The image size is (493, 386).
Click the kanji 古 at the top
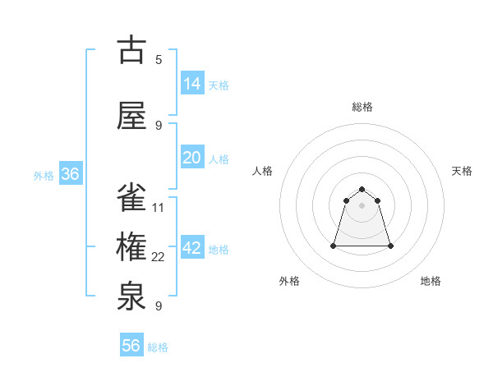pos(131,50)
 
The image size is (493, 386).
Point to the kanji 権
pos(131,247)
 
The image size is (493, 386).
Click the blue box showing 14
pos(192,83)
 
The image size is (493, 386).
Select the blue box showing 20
pos(192,158)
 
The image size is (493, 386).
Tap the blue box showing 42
pos(192,248)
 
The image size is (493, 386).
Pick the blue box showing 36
pos(70,174)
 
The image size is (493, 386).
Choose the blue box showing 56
pos(131,346)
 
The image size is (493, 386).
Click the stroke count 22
pos(159,257)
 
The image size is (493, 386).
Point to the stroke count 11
pos(159,207)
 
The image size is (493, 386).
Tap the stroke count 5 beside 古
pos(159,59)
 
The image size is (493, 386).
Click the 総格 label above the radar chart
pos(362,107)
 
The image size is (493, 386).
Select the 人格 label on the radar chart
pos(263,171)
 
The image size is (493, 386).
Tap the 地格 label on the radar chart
pos(431,281)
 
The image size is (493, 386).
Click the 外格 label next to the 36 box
pos(43,175)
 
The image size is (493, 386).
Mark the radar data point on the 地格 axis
pos(390,246)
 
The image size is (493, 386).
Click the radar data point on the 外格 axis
pos(334,245)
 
